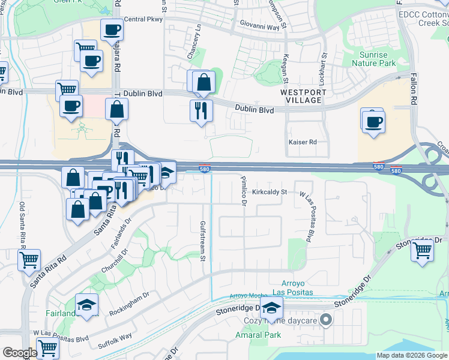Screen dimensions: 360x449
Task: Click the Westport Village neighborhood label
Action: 304,96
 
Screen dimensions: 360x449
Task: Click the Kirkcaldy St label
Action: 270,193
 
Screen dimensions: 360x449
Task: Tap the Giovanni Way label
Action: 260,27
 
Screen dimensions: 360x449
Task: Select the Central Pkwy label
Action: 143,19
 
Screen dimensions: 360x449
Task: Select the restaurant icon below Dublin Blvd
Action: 200,110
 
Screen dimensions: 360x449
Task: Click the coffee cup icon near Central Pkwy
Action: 112,29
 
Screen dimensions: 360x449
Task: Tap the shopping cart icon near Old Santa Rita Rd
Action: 29,260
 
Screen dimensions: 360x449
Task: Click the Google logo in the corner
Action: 19,353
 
